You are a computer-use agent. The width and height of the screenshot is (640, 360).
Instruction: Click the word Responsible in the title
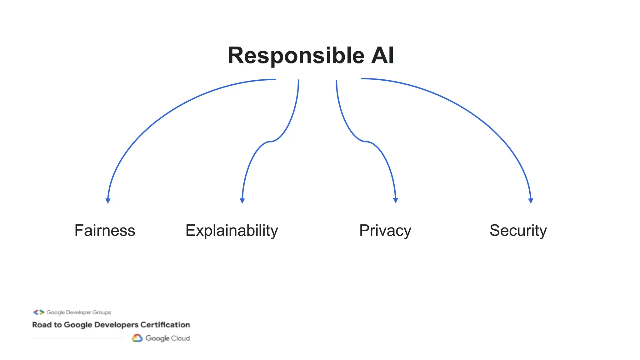pyautogui.click(x=296, y=56)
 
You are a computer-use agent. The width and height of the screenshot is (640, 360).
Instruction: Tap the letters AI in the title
pyautogui.click(x=382, y=56)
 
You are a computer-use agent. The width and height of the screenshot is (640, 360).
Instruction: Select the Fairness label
pyautogui.click(x=105, y=231)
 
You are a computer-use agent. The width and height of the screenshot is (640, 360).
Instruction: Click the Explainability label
pyautogui.click(x=232, y=231)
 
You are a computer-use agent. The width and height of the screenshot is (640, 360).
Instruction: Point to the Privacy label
pyautogui.click(x=385, y=231)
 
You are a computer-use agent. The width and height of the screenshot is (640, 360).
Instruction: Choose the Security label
pyautogui.click(x=518, y=231)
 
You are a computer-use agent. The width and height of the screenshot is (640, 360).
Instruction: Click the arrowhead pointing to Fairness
pyautogui.click(x=108, y=201)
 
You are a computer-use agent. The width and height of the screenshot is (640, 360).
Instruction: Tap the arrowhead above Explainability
pyautogui.click(x=242, y=201)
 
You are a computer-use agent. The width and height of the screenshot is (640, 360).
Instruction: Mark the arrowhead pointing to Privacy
pyautogui.click(x=396, y=200)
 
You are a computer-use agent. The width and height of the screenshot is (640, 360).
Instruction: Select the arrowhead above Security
pyautogui.click(x=531, y=201)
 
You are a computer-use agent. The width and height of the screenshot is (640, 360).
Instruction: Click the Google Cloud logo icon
pyautogui.click(x=137, y=338)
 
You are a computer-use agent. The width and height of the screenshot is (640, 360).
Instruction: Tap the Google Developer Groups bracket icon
pyautogui.click(x=39, y=312)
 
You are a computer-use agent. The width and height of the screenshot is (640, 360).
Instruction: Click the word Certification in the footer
pyautogui.click(x=165, y=325)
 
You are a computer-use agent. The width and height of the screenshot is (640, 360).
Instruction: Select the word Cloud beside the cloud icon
pyautogui.click(x=180, y=338)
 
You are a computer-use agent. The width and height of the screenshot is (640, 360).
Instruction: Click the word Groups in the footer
pyautogui.click(x=102, y=312)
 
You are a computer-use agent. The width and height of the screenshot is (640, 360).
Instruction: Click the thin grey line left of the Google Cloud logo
pyautogui.click(x=78, y=338)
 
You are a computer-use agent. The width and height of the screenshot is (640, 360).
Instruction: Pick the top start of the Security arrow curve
pyautogui.click(x=362, y=78)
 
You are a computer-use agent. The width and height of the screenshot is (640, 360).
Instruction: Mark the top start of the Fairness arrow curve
pyautogui.click(x=275, y=79)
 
